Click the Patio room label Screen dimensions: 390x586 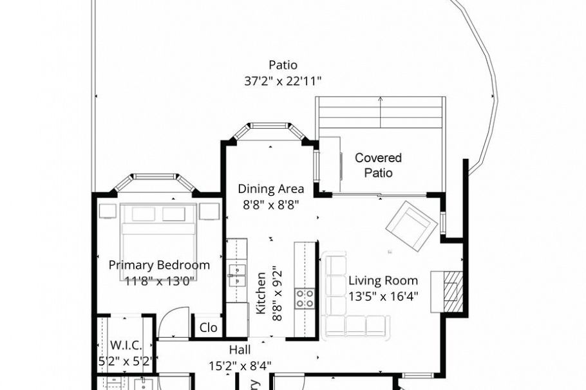click(283, 65)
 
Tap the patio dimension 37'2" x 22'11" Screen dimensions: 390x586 click(283, 81)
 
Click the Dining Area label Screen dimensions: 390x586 click(270, 189)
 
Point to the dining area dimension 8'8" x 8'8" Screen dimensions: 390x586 click(270, 205)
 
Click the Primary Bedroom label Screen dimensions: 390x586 click(159, 265)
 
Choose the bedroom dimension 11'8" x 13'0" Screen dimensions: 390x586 click(159, 281)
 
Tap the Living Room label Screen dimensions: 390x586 click(383, 281)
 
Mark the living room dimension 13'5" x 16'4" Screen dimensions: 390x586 click(383, 297)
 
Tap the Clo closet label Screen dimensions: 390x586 click(208, 328)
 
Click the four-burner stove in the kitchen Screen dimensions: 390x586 click(305, 297)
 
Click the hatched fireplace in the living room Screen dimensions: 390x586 click(451, 287)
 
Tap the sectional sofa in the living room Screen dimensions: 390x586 click(348, 302)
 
